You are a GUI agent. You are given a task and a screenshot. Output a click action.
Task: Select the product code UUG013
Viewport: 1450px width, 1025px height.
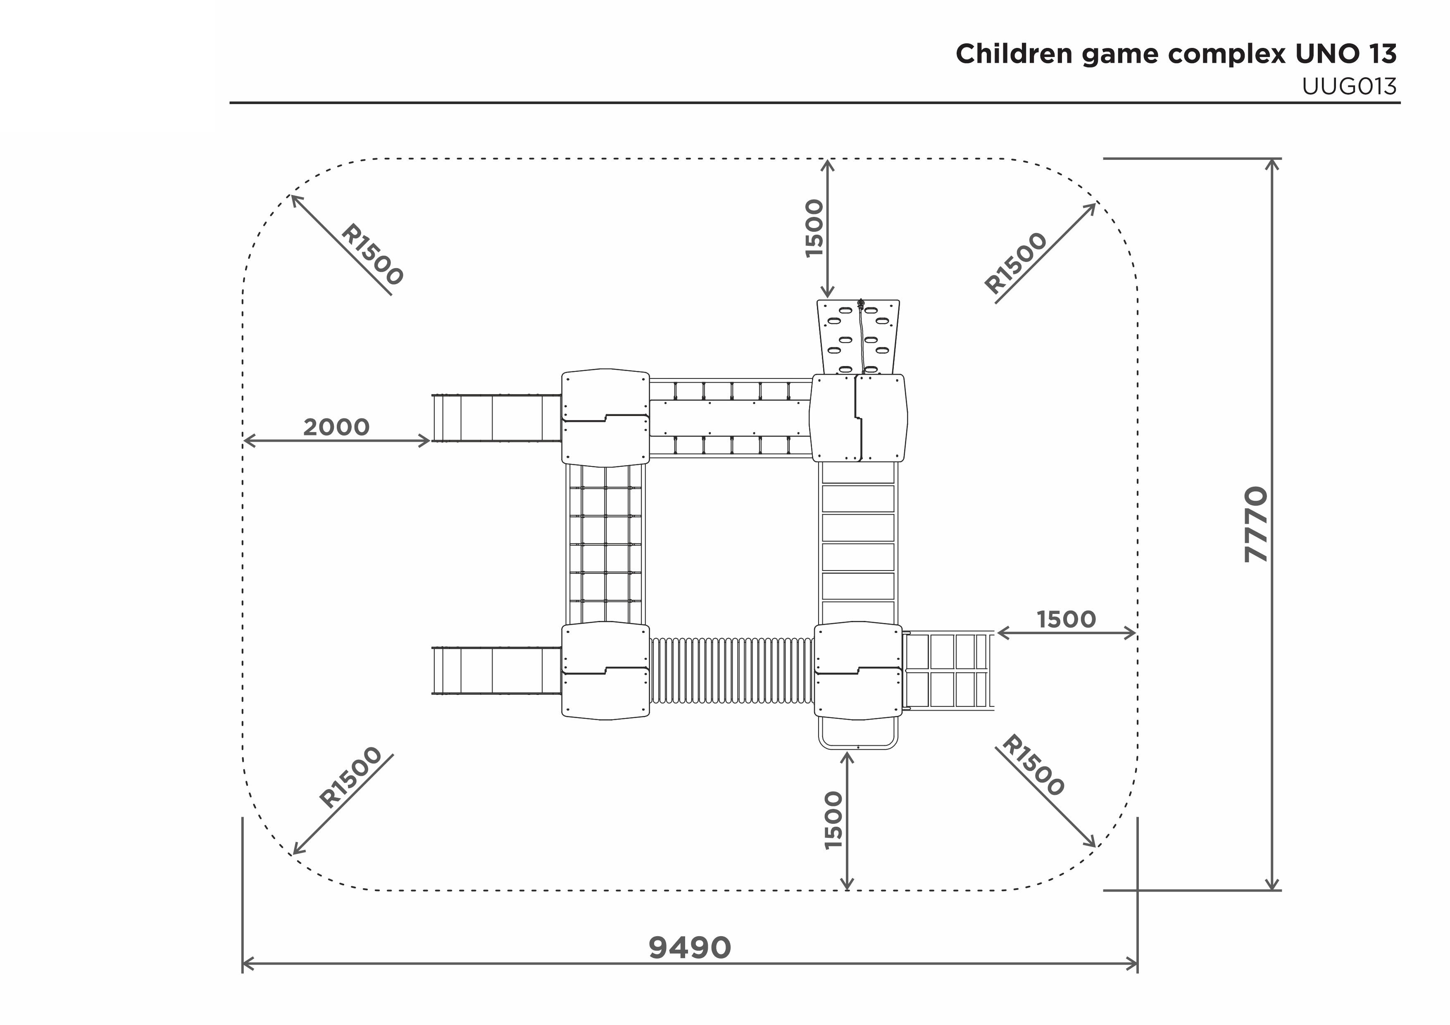pyautogui.click(x=1349, y=86)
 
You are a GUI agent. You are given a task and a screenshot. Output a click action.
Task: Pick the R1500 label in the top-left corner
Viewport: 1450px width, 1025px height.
pyautogui.click(x=372, y=254)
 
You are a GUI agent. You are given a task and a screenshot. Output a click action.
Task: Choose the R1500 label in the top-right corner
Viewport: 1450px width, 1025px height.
pyautogui.click(x=1016, y=263)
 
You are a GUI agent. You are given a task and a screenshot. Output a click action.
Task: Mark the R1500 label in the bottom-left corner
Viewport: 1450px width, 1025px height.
pyautogui.click(x=350, y=778)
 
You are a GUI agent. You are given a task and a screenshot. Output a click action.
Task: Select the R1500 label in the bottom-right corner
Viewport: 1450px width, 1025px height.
pyautogui.click(x=1033, y=766)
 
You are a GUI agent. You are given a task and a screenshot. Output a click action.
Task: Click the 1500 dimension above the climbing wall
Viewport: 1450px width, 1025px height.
pyautogui.click(x=815, y=228)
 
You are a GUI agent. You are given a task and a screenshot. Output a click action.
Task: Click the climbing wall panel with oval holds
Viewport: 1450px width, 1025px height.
pyautogui.click(x=858, y=337)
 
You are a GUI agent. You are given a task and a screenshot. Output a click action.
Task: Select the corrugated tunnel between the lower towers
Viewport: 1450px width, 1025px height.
pyautogui.click(x=731, y=670)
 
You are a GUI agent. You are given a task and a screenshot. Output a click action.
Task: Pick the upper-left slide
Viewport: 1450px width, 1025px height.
pyautogui.click(x=497, y=418)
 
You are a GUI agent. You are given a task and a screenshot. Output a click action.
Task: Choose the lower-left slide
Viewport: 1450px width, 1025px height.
pyautogui.click(x=497, y=671)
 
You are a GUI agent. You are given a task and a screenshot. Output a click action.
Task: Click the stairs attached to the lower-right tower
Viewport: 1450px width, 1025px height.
pyautogui.click(x=948, y=670)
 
